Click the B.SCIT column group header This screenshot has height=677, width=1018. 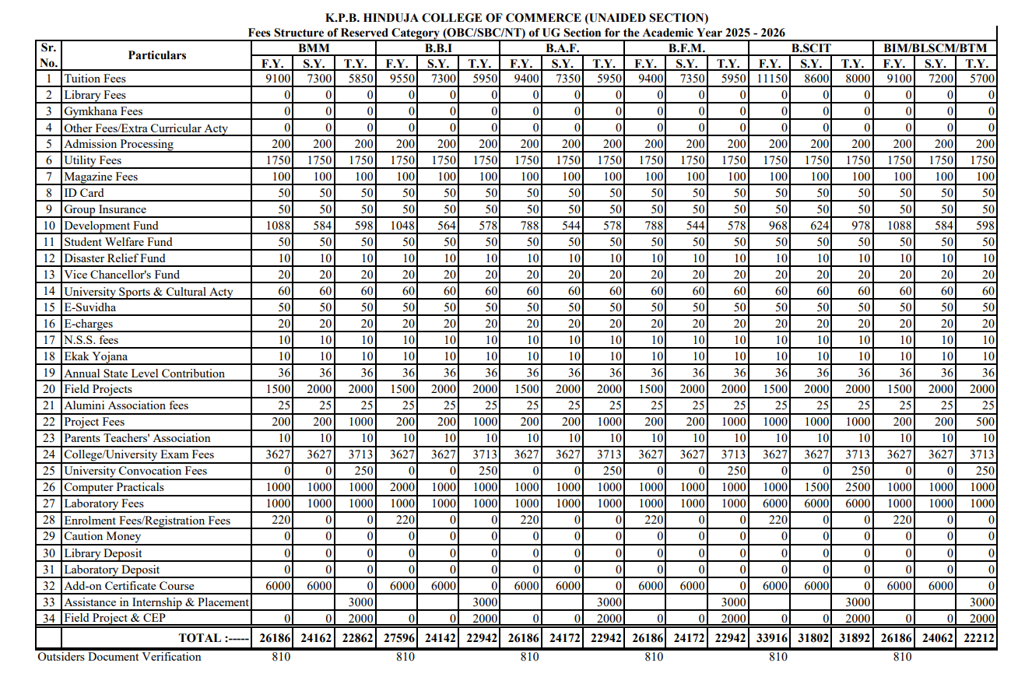pos(811,48)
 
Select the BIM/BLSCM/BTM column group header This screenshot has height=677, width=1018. pos(935,48)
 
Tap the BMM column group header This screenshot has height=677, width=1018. pos(314,48)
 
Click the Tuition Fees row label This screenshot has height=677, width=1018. pos(94,79)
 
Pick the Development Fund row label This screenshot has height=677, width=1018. pos(111,226)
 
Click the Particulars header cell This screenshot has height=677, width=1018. pos(157,55)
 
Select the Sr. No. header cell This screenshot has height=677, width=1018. pos(48,55)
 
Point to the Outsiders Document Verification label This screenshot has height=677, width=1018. pos(119,657)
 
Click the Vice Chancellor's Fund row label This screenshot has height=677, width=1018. pos(121,275)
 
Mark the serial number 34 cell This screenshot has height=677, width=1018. pos(49,618)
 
